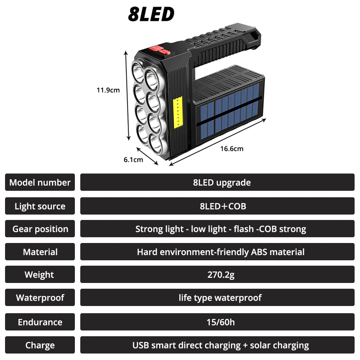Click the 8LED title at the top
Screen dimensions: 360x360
[x=151, y=14]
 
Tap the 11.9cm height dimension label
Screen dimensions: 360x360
[x=108, y=90]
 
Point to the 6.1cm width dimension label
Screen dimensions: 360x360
[x=133, y=159]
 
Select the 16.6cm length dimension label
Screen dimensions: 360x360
[x=232, y=149]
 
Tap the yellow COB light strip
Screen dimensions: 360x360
[x=178, y=112]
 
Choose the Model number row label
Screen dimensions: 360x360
[x=40, y=183]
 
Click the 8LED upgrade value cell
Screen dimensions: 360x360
[x=217, y=183]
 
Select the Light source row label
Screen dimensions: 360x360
[x=40, y=206]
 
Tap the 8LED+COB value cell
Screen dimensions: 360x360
[x=217, y=206]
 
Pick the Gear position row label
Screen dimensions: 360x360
[x=40, y=229]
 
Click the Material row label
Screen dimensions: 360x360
[x=40, y=252]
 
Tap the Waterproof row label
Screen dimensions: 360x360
[x=40, y=298]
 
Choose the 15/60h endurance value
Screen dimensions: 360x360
[x=221, y=322]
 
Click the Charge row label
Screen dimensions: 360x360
[x=40, y=346]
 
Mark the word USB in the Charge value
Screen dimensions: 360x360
[x=141, y=346]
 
